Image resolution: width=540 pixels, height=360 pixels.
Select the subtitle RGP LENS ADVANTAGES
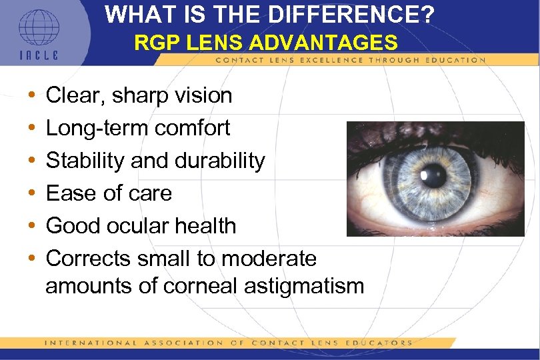click(266, 43)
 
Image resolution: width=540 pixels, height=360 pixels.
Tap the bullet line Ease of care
click(109, 193)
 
